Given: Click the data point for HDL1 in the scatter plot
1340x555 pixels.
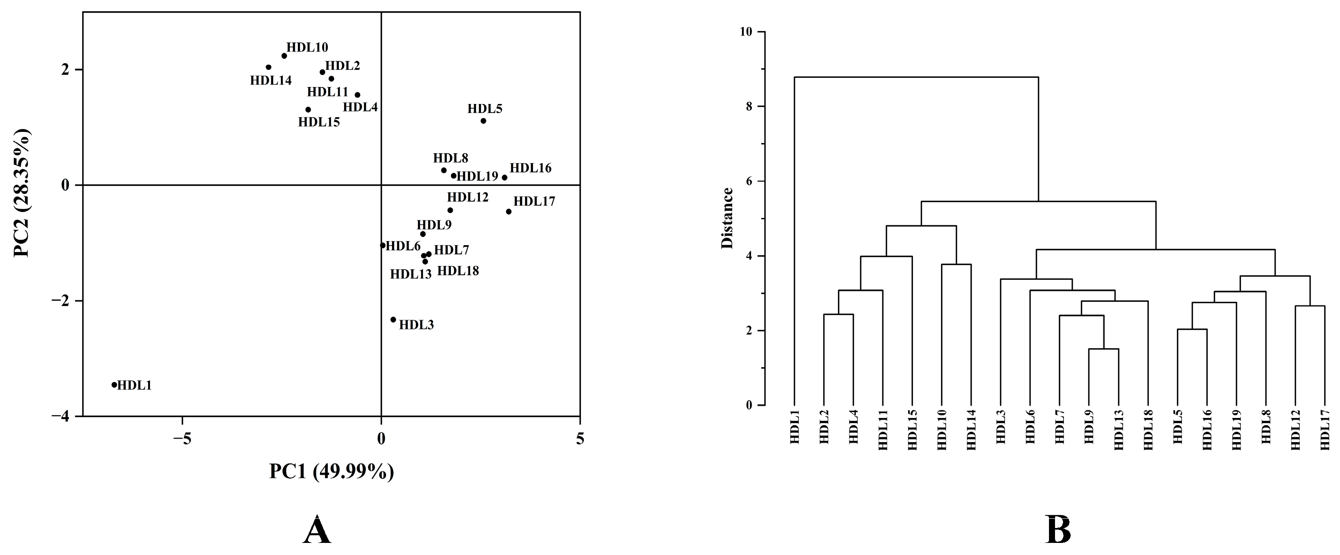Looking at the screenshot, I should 114,385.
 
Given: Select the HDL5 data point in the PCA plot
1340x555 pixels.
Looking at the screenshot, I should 483,121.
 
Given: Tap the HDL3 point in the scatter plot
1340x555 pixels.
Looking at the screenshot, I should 393,320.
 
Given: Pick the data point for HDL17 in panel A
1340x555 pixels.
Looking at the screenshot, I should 509,211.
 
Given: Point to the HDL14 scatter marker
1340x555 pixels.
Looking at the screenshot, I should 268,67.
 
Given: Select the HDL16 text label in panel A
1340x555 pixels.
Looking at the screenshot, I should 530,168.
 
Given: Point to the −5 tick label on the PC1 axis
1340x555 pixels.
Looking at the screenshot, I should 182,439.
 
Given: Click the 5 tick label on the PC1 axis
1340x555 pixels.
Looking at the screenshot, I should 580,439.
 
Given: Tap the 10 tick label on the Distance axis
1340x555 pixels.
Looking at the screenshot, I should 746,32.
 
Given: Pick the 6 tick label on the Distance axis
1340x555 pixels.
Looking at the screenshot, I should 749,181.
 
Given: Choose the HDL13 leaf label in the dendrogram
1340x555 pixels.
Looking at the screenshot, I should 1118,430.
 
